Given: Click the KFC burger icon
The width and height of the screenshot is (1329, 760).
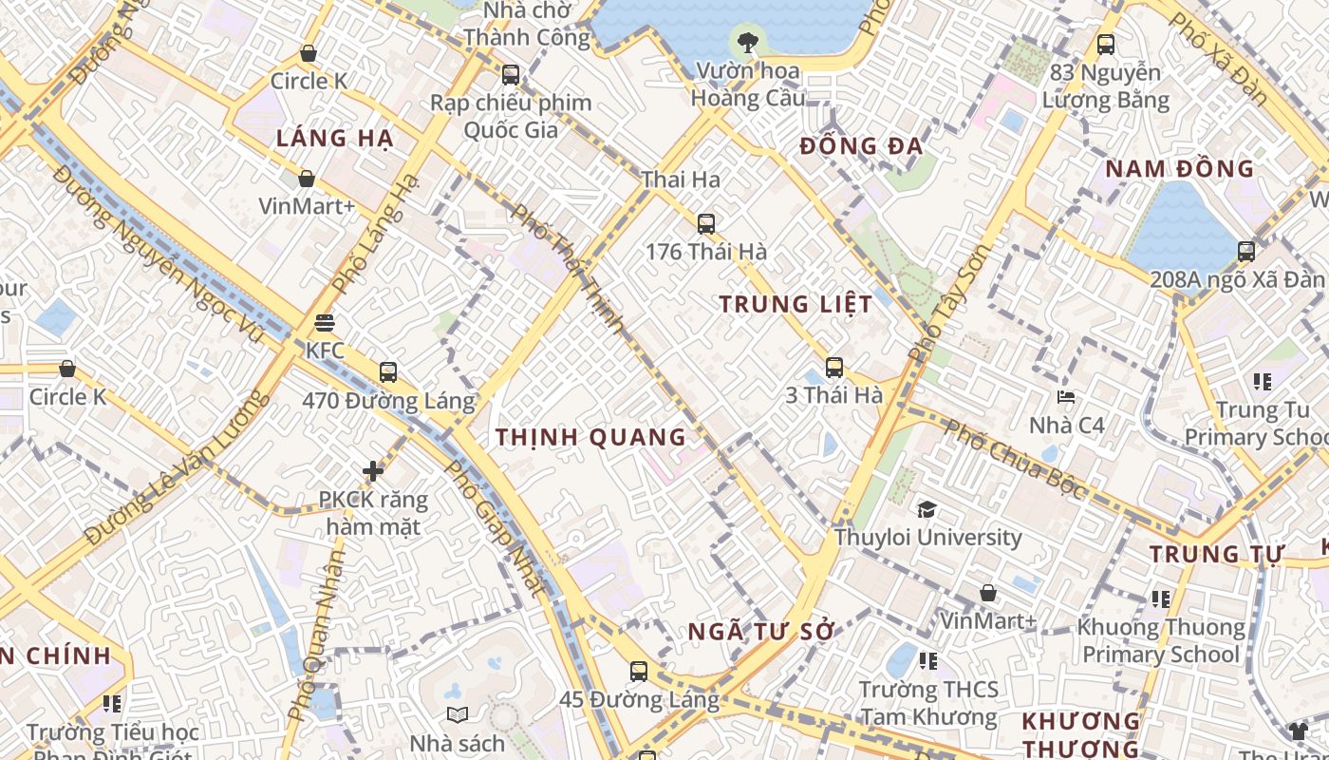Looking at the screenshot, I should coord(325,323).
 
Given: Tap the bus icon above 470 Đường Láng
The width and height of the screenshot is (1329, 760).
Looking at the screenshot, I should coord(387,372).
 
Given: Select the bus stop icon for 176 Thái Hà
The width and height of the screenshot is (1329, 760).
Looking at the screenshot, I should coord(705,224).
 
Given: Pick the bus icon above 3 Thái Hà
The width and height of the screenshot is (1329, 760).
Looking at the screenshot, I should coord(833,368).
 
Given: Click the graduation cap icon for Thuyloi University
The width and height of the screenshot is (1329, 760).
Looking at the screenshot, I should coord(927,510).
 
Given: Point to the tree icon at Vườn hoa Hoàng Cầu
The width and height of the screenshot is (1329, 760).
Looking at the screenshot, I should coord(748,41).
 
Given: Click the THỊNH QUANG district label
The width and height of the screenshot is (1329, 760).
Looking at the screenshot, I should coord(590,438).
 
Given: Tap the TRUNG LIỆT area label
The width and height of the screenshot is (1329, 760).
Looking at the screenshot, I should coord(796,305).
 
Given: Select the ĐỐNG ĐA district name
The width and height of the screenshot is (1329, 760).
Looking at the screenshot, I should coord(861,147).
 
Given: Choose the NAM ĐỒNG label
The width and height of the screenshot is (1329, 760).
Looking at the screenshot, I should coord(1180,170).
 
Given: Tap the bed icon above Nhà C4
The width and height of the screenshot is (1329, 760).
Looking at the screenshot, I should coord(1066,397).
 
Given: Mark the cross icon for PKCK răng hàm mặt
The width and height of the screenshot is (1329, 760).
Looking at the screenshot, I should coord(373,470).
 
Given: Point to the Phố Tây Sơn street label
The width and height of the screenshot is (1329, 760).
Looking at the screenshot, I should coord(948,303).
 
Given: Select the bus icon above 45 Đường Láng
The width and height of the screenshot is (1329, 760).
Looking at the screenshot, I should coord(639,672).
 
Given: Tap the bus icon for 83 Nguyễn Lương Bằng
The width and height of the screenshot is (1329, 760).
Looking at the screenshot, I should coord(1105,44).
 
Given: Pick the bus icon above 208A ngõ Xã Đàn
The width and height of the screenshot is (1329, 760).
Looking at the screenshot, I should coord(1245,252).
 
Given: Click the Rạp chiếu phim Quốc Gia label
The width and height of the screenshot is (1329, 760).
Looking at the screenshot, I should coord(511,116).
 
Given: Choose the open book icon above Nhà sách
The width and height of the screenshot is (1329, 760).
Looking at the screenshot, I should coord(457,714).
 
